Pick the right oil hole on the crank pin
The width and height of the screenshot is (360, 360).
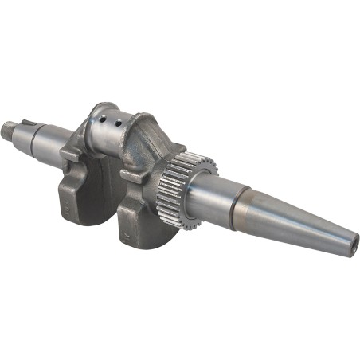[119, 123]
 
